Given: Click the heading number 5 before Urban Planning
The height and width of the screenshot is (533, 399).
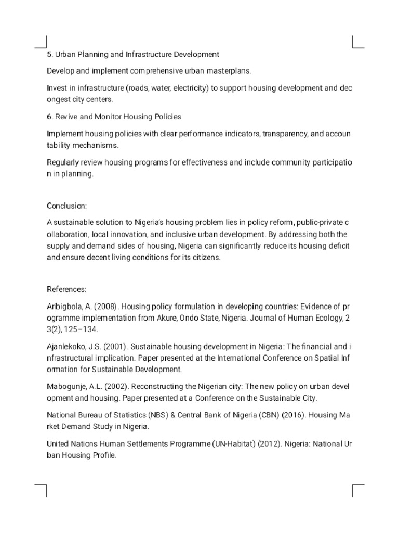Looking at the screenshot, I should (x=49, y=54).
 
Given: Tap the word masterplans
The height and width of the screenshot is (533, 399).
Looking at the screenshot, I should (x=230, y=71).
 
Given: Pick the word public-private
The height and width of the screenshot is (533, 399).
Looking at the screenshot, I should (x=317, y=223).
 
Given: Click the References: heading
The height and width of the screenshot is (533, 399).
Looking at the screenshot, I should (x=66, y=289).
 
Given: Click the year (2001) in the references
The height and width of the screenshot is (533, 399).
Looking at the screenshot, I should (x=112, y=347).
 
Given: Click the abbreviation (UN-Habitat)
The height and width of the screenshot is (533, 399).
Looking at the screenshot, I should (x=233, y=444).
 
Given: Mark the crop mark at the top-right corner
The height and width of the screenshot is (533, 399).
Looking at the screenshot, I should (x=358, y=42).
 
